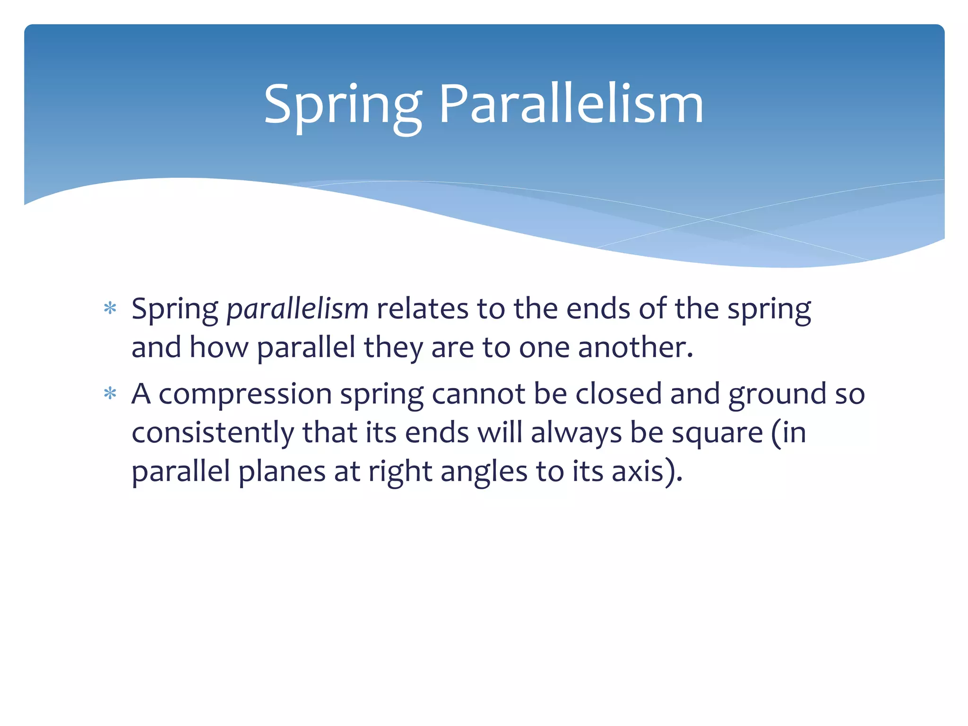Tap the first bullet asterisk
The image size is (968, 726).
point(110,309)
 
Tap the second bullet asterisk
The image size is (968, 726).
point(110,393)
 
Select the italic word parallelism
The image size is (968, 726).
point(297,310)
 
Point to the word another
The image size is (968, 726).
point(635,348)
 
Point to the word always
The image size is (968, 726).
point(576,433)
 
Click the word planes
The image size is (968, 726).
point(282,472)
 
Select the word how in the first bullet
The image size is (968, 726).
point(218,348)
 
